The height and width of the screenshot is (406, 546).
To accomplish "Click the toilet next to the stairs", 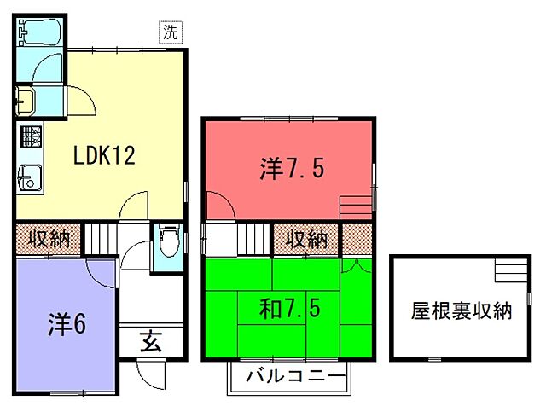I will (167, 242).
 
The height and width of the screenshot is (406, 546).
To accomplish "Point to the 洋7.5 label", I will (291, 169).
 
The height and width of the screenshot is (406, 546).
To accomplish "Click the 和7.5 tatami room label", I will (290, 307).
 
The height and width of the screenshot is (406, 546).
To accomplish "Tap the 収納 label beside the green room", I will (305, 239).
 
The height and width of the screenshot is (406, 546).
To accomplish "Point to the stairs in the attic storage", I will (511, 272).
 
